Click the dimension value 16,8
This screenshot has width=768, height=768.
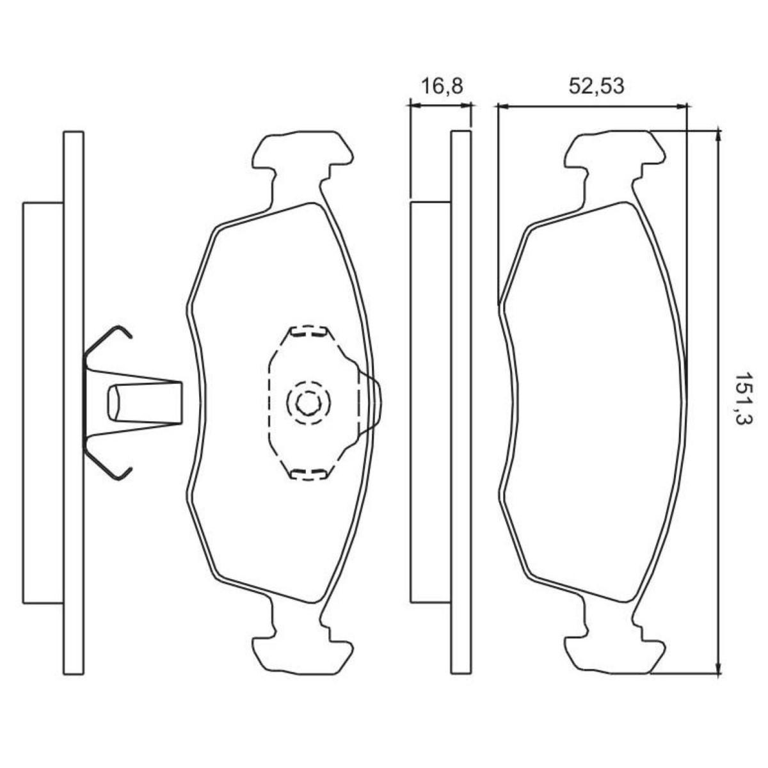pyautogui.click(x=442, y=86)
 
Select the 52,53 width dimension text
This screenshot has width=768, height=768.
pyautogui.click(x=596, y=86)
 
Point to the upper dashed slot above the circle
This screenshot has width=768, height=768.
pyautogui.click(x=308, y=332)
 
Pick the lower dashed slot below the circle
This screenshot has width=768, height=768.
pyautogui.click(x=308, y=474)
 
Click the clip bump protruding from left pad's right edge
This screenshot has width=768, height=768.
pyautogui.click(x=374, y=402)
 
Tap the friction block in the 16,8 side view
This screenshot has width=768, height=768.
pyautogui.click(x=430, y=402)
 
